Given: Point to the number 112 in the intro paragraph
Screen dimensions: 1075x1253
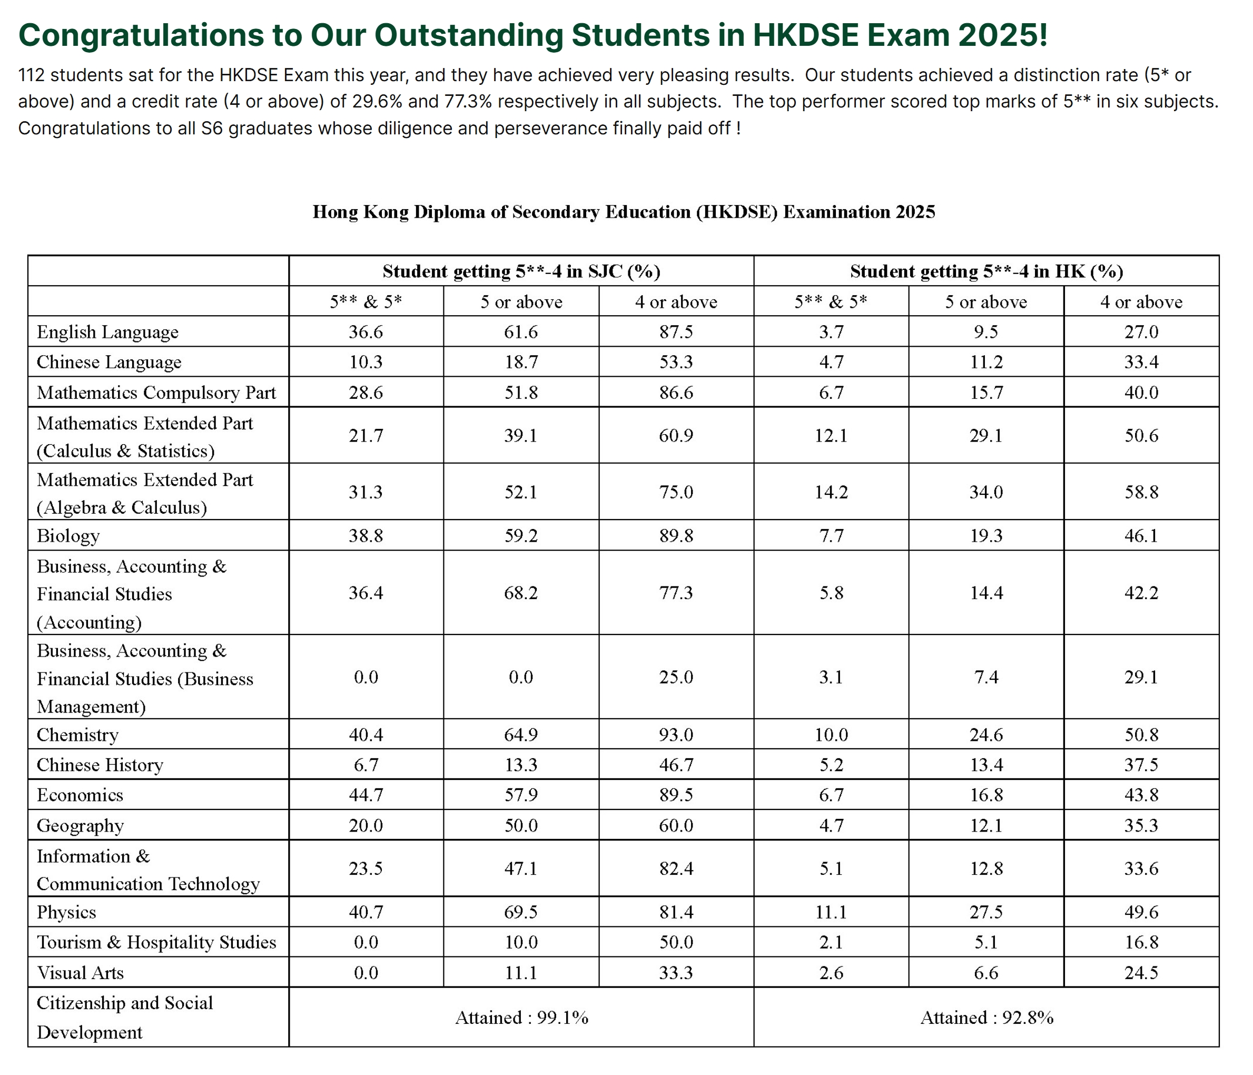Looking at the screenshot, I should (x=32, y=75).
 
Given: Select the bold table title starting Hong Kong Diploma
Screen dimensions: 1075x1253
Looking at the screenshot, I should (x=624, y=212).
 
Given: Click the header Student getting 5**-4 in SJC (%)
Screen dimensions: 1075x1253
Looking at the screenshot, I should (x=521, y=271).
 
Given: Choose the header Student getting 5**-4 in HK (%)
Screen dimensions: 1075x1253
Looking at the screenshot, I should (x=986, y=271).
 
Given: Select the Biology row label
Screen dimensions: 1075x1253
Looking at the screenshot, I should (x=68, y=535).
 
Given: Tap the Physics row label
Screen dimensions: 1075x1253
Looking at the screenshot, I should (x=66, y=912).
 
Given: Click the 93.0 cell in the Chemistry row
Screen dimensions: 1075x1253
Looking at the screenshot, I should (x=676, y=735).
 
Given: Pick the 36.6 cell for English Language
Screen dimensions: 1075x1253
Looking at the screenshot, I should (x=366, y=331).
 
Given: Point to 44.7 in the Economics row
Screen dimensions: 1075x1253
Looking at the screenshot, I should (x=366, y=794).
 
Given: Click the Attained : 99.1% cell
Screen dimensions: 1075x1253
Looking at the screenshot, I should (x=521, y=1018).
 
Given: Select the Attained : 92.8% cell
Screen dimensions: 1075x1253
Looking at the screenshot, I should (x=986, y=1018).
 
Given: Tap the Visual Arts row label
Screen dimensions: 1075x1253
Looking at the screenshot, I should (x=81, y=972).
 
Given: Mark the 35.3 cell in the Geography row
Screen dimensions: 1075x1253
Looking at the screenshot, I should (x=1141, y=825).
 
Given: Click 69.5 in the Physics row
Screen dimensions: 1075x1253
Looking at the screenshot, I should (x=521, y=912).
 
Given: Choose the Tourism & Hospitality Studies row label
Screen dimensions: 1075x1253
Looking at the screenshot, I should (x=156, y=942).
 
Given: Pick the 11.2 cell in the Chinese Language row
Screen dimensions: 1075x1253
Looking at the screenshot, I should (x=986, y=362).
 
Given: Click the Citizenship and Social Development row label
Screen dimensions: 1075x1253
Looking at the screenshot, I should (x=125, y=1018).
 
